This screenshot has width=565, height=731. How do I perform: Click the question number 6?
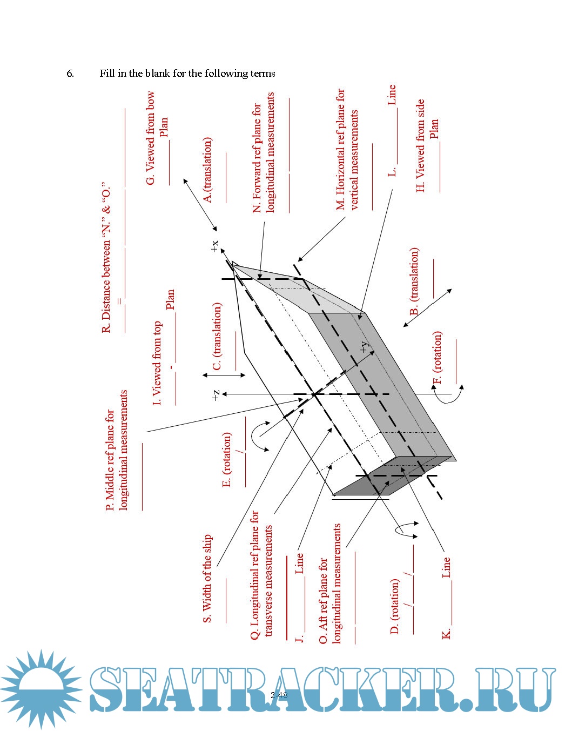tap(70, 73)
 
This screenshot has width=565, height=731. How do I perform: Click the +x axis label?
tap(215, 246)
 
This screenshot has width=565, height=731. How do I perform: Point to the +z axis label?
tap(216, 395)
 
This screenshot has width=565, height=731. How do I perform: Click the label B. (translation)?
tap(414, 281)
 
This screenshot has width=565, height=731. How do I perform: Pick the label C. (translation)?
tap(217, 336)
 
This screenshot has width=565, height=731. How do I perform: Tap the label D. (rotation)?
tap(395, 606)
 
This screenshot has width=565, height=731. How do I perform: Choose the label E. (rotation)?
tap(227, 459)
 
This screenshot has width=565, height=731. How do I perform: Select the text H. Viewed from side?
tap(421, 146)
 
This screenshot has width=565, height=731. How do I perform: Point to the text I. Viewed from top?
tap(157, 363)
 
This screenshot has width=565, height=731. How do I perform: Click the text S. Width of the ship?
tap(207, 579)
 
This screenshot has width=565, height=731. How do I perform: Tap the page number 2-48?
tap(279, 695)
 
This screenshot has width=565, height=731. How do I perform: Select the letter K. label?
tap(447, 634)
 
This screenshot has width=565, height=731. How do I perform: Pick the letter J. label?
tap(299, 638)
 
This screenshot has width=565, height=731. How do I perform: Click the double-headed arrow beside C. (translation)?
tap(224, 375)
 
